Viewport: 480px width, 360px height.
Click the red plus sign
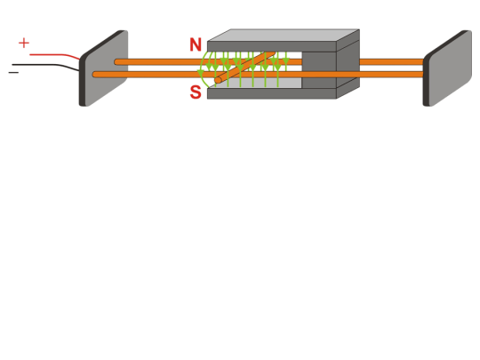coord(23,43)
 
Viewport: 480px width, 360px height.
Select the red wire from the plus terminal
coord(53,55)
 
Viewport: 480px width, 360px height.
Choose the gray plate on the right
coord(450,68)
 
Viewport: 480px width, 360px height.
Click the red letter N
coord(196,44)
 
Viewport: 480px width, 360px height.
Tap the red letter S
coord(196,92)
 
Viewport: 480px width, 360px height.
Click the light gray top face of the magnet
coord(276,36)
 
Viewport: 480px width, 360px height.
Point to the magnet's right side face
coord(348,67)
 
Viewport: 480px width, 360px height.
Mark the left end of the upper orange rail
coord(119,62)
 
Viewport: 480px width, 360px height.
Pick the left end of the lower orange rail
coord(97,75)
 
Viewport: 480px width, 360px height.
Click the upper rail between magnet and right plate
coord(391,62)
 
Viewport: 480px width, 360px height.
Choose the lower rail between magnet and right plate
coord(391,74)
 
